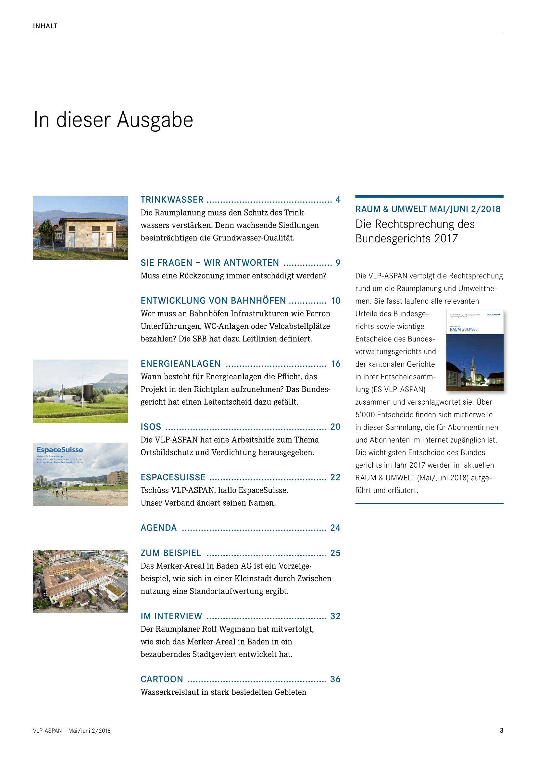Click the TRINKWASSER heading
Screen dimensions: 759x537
[x=172, y=200]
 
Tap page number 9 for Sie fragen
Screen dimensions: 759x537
[x=338, y=263]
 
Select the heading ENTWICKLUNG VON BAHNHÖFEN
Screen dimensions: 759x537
[x=213, y=300]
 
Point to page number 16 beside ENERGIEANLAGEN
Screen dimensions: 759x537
[x=336, y=364]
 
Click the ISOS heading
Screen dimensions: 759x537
[x=151, y=427]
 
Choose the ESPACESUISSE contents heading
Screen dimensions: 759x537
[x=173, y=477]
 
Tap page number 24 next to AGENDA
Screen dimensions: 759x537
[x=335, y=528]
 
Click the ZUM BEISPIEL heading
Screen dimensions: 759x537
[x=171, y=553]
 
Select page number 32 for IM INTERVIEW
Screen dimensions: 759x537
[x=335, y=616]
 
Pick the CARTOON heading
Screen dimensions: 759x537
[x=162, y=679]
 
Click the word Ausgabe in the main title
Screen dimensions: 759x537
[x=155, y=120]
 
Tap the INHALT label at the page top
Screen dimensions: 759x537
[x=45, y=26]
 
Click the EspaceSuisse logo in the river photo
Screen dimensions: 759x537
[x=60, y=449]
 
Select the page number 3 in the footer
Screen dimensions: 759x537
[x=501, y=730]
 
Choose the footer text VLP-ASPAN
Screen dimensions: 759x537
[x=47, y=731]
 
